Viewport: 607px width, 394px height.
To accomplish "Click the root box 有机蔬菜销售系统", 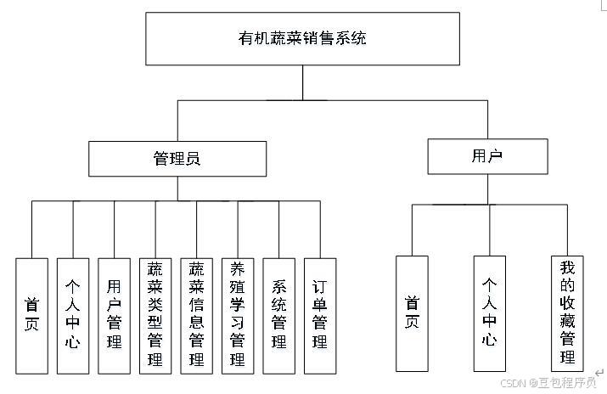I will click(303, 38).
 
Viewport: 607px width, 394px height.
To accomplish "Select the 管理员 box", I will click(177, 158).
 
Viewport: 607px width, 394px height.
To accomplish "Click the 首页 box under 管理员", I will click(31, 316).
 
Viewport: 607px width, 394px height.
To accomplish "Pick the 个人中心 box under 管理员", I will click(73, 316).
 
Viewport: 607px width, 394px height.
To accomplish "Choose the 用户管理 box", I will click(114, 316).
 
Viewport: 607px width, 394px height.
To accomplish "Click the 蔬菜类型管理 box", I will click(155, 316).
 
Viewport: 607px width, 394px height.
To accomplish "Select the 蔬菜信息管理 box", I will click(196, 316).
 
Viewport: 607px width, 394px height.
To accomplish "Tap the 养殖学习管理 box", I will click(237, 316).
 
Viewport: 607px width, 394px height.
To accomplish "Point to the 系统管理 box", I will click(278, 316).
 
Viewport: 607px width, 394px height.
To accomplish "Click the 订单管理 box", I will click(320, 316).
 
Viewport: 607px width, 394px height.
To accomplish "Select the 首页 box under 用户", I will click(413, 313).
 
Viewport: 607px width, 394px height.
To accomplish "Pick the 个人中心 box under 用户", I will click(489, 313).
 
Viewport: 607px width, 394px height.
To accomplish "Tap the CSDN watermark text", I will click(548, 383).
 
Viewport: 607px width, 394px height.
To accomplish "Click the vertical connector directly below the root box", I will click(303, 82).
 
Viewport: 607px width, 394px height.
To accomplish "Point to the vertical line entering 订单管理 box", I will click(320, 229).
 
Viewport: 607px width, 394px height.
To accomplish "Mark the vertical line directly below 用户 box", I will click(488, 189).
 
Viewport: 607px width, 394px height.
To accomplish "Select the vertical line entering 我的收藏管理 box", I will click(566, 229).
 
